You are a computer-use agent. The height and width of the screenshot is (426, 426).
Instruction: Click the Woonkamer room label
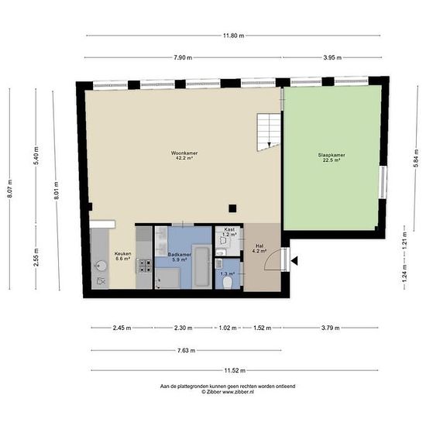click(x=184, y=153)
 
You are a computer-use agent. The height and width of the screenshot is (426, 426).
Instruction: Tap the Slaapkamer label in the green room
click(x=332, y=155)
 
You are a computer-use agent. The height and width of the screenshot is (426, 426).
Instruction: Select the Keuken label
click(x=123, y=253)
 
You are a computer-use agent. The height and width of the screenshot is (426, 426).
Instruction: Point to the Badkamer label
click(x=180, y=255)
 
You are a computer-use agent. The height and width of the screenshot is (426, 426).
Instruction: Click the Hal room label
click(x=259, y=246)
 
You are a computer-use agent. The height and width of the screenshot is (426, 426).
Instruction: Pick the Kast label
click(x=229, y=229)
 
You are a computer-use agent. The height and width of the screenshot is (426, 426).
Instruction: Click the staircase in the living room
click(x=269, y=132)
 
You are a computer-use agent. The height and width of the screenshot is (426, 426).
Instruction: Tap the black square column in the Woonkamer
click(x=232, y=208)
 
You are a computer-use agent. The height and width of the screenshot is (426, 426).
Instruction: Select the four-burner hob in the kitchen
click(x=145, y=266)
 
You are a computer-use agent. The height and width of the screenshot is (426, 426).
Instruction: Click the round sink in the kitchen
click(x=101, y=266)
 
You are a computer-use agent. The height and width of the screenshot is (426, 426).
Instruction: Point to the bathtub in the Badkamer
click(x=201, y=266)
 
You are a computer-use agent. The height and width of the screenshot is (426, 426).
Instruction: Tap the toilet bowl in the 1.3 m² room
click(x=227, y=283)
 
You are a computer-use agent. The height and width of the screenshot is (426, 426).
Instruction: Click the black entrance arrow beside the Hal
click(x=294, y=261)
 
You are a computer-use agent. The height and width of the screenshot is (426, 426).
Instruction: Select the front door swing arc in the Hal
click(x=270, y=259)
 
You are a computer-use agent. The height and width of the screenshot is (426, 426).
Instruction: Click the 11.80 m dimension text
click(x=234, y=36)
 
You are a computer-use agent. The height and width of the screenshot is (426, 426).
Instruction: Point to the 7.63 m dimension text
click(x=187, y=350)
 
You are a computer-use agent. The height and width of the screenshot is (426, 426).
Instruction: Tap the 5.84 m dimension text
click(x=416, y=160)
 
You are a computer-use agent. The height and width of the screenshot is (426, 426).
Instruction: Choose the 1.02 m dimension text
click(x=228, y=328)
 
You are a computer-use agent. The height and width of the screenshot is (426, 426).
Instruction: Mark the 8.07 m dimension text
click(x=9, y=189)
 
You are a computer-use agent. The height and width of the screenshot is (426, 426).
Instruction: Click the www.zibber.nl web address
click(x=238, y=392)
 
